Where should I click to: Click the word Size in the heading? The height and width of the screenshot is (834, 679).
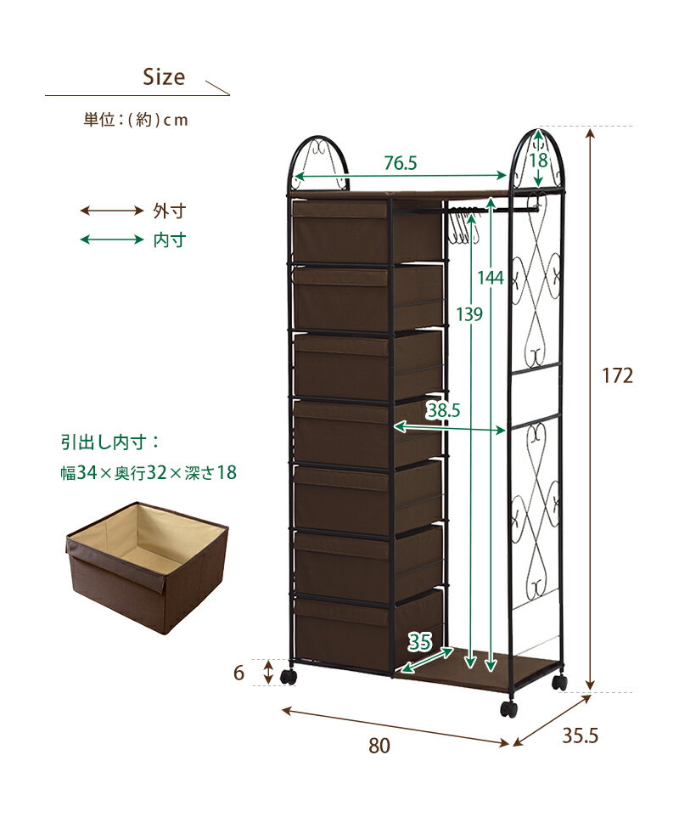coord(164,77)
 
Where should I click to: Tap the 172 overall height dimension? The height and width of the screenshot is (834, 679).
coord(617,376)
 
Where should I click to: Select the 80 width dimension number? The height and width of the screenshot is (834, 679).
coord(379,746)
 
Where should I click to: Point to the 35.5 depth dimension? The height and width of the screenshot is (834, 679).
coord(580,735)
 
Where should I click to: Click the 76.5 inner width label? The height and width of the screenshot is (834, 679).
coord(401,163)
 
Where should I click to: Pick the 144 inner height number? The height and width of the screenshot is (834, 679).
coord(490,277)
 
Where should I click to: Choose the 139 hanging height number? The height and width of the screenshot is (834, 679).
coord(469,314)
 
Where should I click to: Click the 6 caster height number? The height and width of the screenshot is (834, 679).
coord(238,673)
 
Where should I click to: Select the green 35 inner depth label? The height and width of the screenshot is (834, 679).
coord(419,642)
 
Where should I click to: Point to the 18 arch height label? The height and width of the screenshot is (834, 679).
coord(538,160)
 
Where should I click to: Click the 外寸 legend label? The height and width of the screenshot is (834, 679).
coord(169,211)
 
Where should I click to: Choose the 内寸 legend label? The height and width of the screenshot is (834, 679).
coord(169,239)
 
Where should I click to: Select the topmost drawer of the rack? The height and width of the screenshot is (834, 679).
coord(367,230)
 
